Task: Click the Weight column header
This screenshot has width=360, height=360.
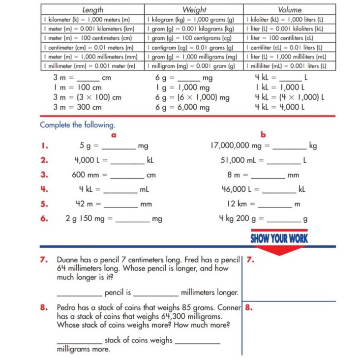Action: point(194,9)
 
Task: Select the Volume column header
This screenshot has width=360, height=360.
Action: point(290,9)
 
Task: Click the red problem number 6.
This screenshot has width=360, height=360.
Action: point(44,218)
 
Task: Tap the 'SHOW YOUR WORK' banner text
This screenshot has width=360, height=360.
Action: point(279,239)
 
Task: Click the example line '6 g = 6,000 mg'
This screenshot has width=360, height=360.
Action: point(182,107)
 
